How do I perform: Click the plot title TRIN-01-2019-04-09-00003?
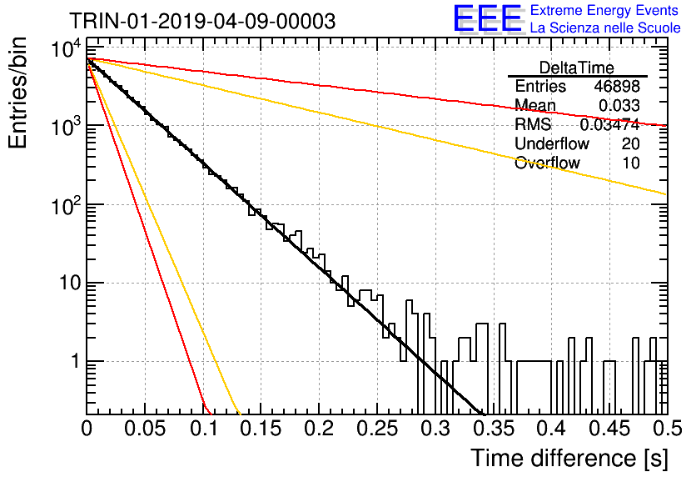pos(202,21)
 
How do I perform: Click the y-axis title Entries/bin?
pos(17,93)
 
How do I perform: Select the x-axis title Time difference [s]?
pos(569,459)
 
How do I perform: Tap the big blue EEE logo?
pos(488,18)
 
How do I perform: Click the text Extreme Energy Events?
pos(604,10)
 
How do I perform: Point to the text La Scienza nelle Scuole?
pos(605,28)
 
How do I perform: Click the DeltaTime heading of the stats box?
pos(577,68)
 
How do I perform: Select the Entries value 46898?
pos(617,86)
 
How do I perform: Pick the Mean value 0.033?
pos(619,105)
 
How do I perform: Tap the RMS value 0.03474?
pos(610,124)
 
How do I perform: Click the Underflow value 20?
pos(631,143)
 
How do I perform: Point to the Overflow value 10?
pos(631,163)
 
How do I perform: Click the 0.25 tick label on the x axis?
pos(377,429)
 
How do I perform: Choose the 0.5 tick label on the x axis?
pos(667,429)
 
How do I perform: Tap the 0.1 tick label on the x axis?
pos(203,429)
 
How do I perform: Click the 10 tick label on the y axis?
pos(71,283)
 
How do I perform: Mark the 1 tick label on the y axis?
pos(76,361)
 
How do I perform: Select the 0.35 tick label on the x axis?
pos(494,429)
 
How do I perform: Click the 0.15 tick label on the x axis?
pos(261,429)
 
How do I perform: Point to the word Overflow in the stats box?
pos(547,163)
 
